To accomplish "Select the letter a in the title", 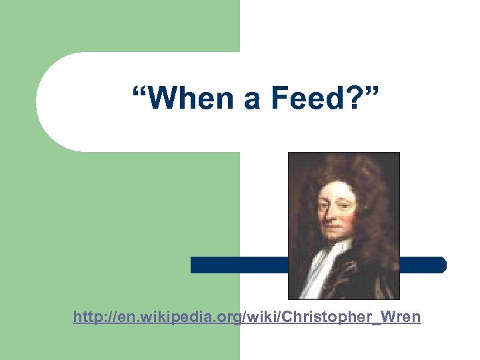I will (251, 101).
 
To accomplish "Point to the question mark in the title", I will (354, 100).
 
